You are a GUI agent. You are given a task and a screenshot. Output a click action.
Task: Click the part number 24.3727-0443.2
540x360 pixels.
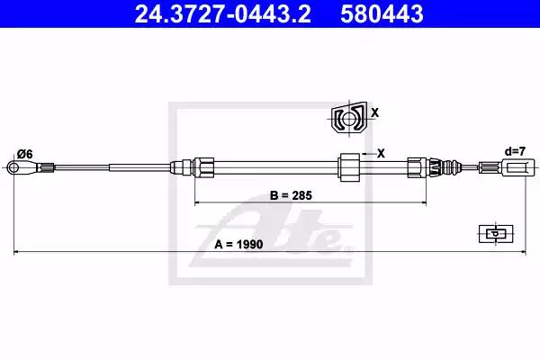coord(223,13)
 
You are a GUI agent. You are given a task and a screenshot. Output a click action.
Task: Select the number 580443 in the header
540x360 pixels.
coord(382,13)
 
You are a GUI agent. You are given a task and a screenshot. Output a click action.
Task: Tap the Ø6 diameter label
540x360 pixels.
coord(25,154)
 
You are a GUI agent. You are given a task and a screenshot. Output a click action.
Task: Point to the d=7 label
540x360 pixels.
coord(515,151)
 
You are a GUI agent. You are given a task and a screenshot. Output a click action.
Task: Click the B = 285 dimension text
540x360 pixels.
coord(291,195)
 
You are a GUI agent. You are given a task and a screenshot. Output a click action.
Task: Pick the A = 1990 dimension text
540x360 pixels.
coord(238,244)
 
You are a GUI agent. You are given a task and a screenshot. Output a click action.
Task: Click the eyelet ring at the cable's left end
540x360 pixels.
coord(13,167)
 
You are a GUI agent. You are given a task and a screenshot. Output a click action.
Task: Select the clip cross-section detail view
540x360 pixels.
coord(349,118)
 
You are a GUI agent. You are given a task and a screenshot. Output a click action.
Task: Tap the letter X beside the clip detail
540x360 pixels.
coord(375,112)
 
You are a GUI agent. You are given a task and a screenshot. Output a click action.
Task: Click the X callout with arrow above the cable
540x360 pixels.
coord(373,153)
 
